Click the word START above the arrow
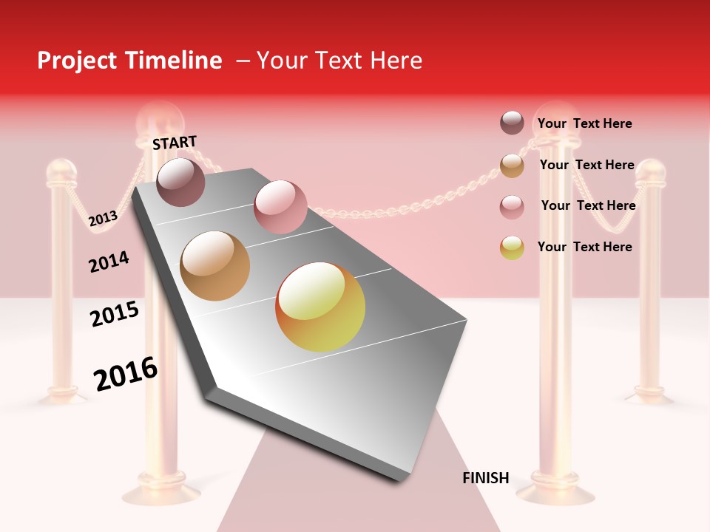click(x=175, y=143)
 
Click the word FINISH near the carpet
click(x=486, y=478)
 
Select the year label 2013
click(x=103, y=219)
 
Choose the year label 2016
click(x=126, y=374)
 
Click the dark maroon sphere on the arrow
click(x=180, y=182)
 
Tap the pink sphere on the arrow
click(x=280, y=207)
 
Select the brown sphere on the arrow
click(x=215, y=266)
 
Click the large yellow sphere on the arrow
click(x=320, y=307)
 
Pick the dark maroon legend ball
click(x=512, y=123)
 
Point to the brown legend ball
click(x=512, y=166)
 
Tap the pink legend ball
click(x=512, y=207)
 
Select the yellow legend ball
click(x=512, y=248)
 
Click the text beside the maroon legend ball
click(x=584, y=123)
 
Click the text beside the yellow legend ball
click(x=584, y=247)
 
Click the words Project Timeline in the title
click(x=129, y=61)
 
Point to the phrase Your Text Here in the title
click(x=339, y=61)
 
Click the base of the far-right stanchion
click(x=649, y=396)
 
